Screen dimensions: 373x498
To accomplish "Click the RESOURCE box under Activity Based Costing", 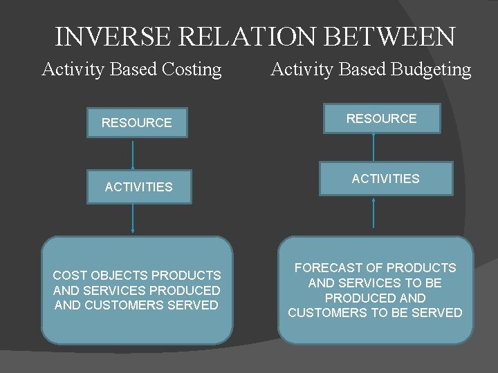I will click(137, 123).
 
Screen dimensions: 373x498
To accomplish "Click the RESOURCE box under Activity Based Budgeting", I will click(382, 119).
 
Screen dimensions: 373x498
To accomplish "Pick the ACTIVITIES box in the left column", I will click(138, 186).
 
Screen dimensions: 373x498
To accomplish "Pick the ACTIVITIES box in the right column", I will click(385, 179).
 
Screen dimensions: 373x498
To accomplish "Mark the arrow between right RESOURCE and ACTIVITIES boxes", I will click(374, 147).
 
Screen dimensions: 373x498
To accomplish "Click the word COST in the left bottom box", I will click(67, 276).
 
